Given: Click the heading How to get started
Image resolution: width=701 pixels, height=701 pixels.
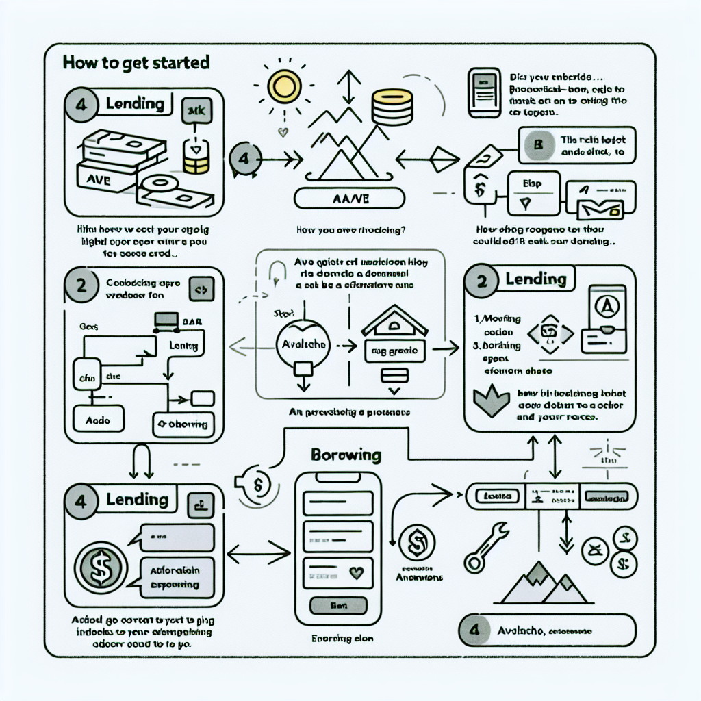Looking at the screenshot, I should tap(136, 62).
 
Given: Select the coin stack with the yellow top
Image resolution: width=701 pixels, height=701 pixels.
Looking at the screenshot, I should tap(391, 107).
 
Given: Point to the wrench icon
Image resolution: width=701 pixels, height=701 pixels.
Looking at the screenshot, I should tap(485, 546).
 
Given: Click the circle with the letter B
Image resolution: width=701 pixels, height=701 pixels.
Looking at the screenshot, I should tap(537, 144).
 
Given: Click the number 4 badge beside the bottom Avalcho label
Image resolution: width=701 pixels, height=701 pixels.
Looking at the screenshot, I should tap(476, 630).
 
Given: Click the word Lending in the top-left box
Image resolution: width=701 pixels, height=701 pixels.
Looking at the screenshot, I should tap(135, 104).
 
